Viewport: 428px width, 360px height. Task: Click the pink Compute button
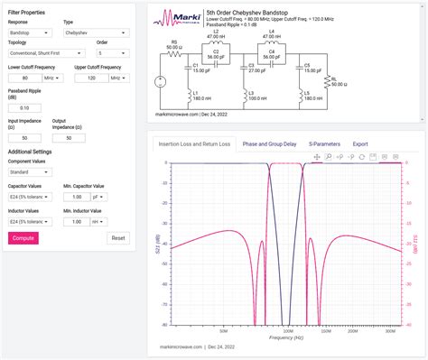point(23,238)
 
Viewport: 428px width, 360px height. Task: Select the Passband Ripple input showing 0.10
point(24,107)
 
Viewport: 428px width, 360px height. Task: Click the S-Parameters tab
point(323,143)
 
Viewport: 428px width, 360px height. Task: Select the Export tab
point(360,143)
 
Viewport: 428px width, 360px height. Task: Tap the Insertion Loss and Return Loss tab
point(194,143)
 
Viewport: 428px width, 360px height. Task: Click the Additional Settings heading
point(34,151)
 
